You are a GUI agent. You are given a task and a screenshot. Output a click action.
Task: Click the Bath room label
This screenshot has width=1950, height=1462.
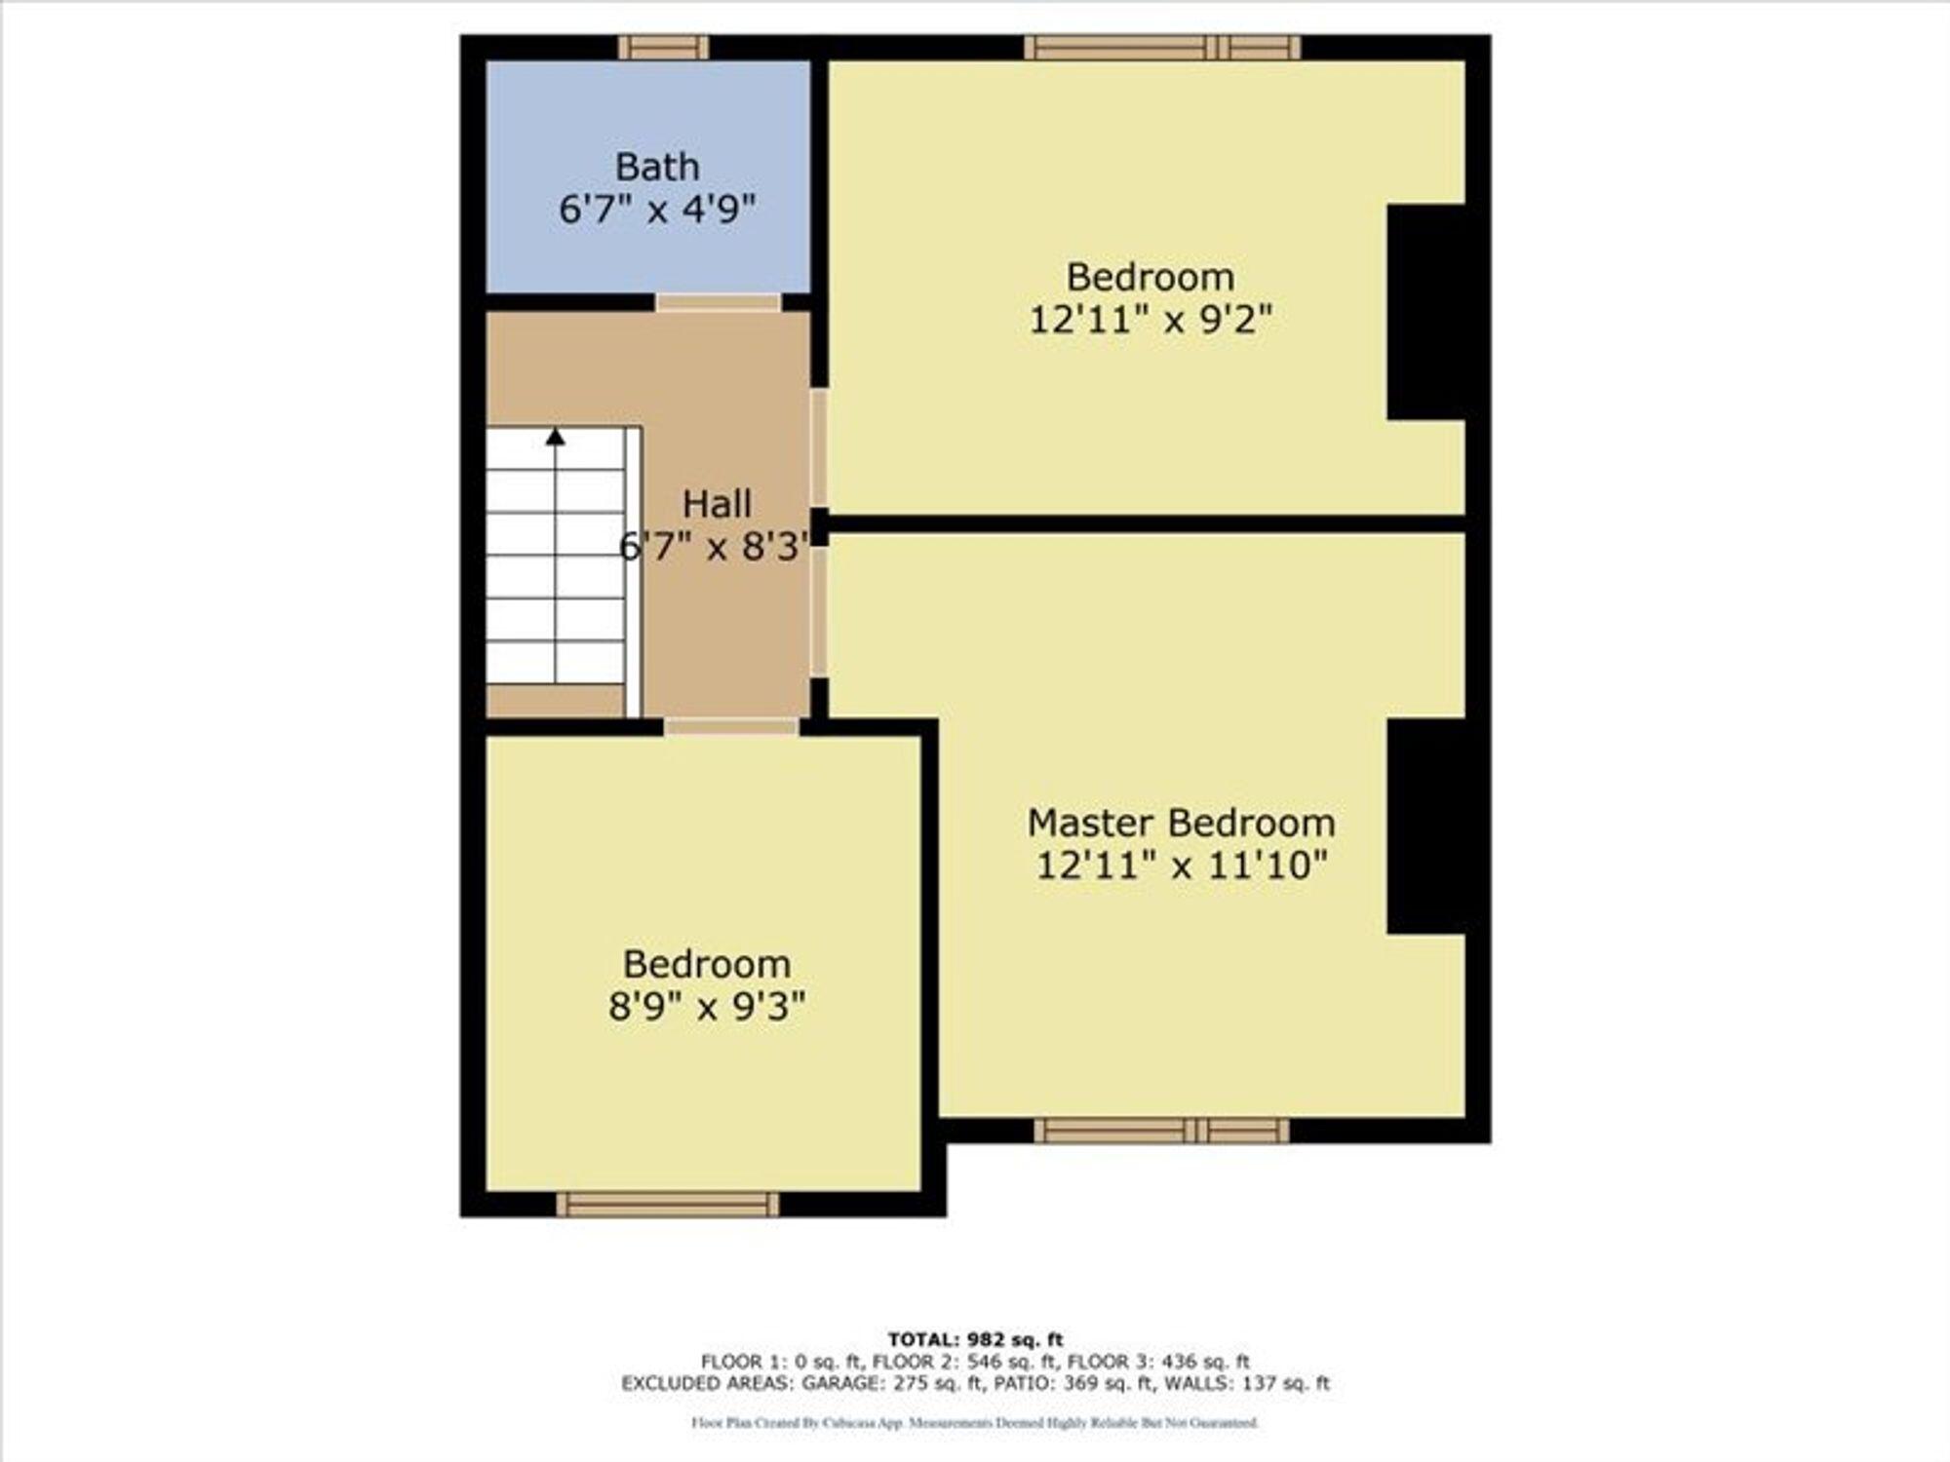coord(657,167)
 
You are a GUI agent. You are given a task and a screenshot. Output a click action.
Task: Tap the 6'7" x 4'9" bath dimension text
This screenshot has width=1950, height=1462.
coord(657,209)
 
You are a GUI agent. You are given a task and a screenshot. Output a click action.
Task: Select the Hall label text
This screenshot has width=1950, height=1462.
coord(717,504)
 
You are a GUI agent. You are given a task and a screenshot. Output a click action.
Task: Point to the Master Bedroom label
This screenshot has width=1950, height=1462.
coord(1181,823)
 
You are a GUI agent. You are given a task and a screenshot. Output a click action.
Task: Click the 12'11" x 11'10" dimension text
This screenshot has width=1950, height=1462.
coord(1181,865)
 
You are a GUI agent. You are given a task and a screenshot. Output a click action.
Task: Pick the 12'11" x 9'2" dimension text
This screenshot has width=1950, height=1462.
coord(1150,319)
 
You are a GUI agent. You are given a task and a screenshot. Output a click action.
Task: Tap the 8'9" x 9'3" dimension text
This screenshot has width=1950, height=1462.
coord(707,1006)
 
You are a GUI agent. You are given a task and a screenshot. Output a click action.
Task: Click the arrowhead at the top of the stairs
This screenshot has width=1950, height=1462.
coord(556,437)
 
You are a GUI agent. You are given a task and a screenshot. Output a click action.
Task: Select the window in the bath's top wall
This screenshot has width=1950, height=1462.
coord(664,47)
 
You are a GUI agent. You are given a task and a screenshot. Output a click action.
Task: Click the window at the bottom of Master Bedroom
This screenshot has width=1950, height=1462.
coord(1161,1131)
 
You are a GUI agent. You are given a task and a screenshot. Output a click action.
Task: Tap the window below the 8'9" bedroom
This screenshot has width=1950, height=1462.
coord(668,1205)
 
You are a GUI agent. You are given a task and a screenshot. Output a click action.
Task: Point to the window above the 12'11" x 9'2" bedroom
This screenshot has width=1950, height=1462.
coord(1162,47)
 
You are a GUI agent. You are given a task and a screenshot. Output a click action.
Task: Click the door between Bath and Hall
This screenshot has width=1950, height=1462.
coord(719,302)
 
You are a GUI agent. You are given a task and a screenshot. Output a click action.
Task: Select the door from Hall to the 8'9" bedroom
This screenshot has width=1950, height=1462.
coord(731,726)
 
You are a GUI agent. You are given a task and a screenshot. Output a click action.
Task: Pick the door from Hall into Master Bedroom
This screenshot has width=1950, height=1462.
coord(819,611)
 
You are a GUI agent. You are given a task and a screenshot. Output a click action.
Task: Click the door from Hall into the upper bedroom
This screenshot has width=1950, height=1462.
coord(819,447)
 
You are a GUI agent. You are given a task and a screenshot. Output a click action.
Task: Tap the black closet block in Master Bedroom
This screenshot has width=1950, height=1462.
coord(1426,827)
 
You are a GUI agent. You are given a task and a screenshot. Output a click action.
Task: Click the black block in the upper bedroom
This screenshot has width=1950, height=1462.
coord(1426,312)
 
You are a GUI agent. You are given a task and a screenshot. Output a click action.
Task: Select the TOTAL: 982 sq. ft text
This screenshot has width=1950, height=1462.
coord(975,1339)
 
